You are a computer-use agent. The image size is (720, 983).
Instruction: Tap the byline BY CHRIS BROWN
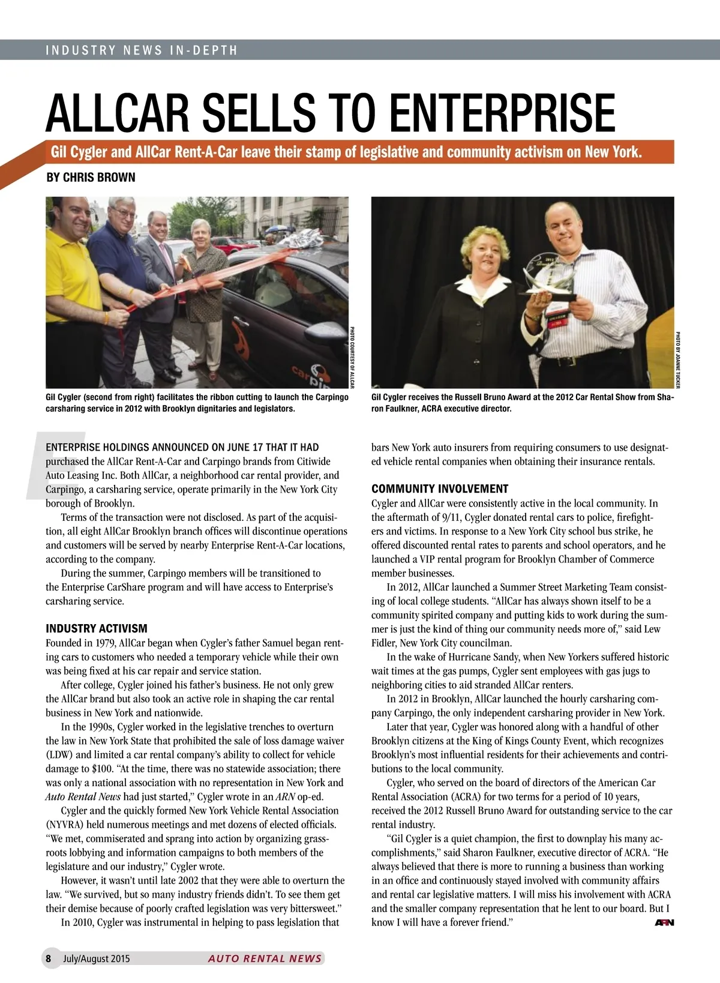pos(91,177)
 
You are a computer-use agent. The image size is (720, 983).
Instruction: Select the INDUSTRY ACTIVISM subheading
pos(97,628)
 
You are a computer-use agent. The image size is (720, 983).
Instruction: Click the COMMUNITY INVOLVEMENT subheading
pos(440,488)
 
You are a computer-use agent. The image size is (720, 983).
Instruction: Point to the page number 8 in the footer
pos(48,958)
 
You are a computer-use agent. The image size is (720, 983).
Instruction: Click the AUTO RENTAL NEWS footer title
pos(265,958)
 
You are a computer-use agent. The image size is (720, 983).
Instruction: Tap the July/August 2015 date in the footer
pos(97,958)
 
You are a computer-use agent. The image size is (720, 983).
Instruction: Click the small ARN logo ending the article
pos(664,922)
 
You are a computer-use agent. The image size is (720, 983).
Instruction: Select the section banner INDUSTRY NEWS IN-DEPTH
pos(142,50)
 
